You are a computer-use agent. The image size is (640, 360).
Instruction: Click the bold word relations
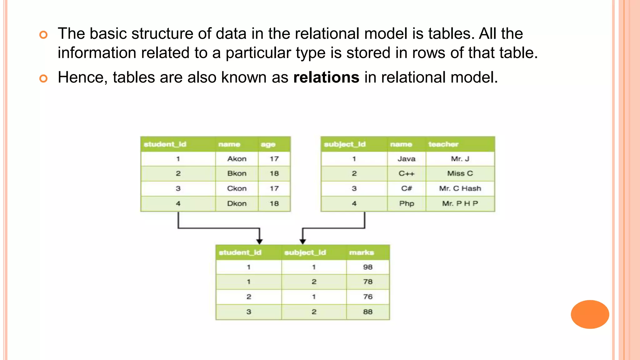click(x=326, y=77)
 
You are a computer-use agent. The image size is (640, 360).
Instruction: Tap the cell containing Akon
click(x=237, y=159)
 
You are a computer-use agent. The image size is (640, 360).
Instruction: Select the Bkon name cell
click(x=237, y=173)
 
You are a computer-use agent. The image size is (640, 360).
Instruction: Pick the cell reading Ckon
click(x=237, y=188)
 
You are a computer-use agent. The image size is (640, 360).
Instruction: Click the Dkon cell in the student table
click(x=237, y=203)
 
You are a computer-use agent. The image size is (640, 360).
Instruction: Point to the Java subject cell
click(x=406, y=159)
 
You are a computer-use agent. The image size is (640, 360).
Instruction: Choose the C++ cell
click(x=406, y=173)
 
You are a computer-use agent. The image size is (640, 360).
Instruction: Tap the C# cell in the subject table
click(x=406, y=188)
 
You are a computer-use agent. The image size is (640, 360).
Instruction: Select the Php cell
click(x=406, y=203)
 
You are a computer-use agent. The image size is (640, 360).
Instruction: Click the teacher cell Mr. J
click(x=460, y=159)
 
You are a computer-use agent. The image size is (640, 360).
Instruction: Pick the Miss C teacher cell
click(x=460, y=173)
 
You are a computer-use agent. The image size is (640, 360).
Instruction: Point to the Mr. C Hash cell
click(x=460, y=188)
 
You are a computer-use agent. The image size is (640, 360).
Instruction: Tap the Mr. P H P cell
click(x=460, y=203)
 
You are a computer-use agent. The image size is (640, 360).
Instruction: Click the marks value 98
click(x=367, y=267)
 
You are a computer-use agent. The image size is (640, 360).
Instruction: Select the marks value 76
click(x=367, y=297)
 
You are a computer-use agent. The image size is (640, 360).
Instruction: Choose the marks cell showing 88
click(x=367, y=312)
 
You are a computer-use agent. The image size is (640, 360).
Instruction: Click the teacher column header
click(x=443, y=144)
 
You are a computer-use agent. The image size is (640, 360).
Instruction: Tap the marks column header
click(x=361, y=252)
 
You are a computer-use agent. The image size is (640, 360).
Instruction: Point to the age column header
click(x=268, y=144)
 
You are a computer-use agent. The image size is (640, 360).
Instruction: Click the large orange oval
click(x=590, y=314)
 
